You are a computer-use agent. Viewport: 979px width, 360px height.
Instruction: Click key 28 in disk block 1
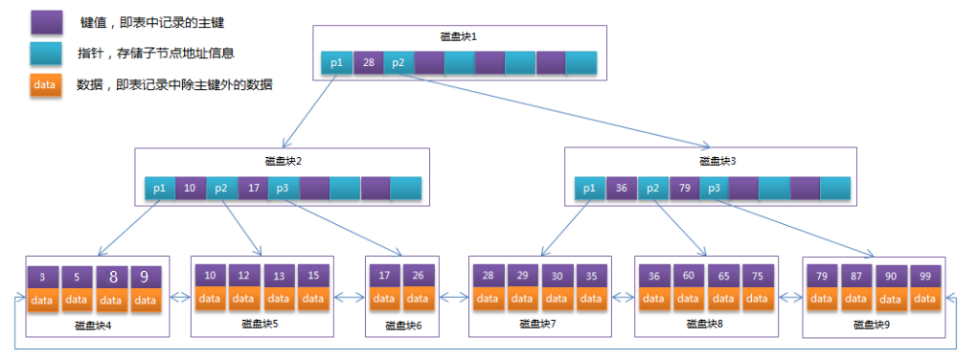tap(368, 63)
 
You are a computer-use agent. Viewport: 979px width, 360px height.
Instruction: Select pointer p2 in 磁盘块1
tap(398, 63)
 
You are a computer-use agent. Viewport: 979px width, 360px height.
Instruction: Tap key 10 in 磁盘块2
tap(191, 189)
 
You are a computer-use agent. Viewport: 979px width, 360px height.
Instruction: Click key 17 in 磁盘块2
tap(253, 189)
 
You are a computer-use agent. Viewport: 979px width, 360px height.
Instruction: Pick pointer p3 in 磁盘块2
tap(283, 189)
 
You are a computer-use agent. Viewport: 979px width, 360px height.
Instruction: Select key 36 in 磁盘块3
tap(621, 189)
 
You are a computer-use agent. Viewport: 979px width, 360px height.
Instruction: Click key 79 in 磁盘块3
tap(683, 189)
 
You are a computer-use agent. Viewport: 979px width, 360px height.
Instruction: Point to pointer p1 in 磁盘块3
tap(590, 189)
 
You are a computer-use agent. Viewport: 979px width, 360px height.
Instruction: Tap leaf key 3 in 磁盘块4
tap(44, 278)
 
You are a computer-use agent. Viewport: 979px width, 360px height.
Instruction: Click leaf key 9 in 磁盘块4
tap(145, 278)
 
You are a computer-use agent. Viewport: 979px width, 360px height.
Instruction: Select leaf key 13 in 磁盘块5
tap(279, 276)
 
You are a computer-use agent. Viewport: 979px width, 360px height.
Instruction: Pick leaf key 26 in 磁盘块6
tap(420, 276)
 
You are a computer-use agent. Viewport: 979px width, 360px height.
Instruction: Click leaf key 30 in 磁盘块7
tap(558, 276)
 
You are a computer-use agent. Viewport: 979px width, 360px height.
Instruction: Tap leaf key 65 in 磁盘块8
tap(724, 276)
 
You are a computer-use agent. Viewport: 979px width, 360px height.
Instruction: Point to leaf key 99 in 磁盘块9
tap(924, 276)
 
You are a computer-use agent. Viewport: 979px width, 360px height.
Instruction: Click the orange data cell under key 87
tap(857, 299)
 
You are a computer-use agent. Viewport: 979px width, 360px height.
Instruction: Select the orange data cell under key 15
tap(313, 299)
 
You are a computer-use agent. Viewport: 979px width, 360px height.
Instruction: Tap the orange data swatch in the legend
tap(46, 84)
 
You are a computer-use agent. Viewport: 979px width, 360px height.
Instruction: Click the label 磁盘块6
tap(403, 326)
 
